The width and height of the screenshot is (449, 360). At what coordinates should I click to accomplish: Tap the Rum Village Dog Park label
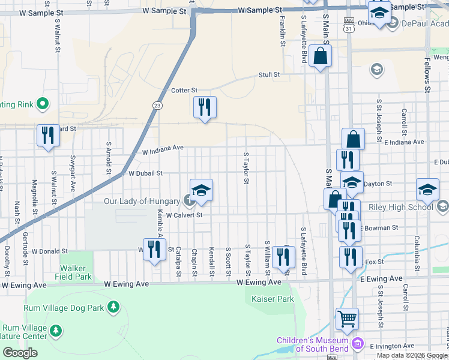pyautogui.click(x=64, y=308)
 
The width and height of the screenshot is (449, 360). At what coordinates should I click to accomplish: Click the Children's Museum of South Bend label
pyautogui.click(x=313, y=344)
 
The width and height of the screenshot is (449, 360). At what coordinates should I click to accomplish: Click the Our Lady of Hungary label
pyautogui.click(x=142, y=201)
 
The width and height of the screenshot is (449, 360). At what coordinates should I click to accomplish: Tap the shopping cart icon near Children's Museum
pyautogui.click(x=346, y=319)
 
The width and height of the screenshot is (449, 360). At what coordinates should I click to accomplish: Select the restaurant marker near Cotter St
pyautogui.click(x=205, y=107)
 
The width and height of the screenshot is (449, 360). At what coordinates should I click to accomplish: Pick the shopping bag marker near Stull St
pyautogui.click(x=321, y=57)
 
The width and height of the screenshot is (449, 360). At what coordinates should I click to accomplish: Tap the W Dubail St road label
pyautogui.click(x=146, y=173)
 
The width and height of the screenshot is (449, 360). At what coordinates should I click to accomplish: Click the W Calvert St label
pyautogui.click(x=185, y=215)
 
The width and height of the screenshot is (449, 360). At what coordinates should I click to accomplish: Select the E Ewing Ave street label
pyautogui.click(x=382, y=279)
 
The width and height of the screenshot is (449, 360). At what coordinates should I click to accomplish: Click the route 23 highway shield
pyautogui.click(x=157, y=105)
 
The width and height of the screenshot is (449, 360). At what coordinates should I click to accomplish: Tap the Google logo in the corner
pyautogui.click(x=20, y=353)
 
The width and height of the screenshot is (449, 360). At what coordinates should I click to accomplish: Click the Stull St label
pyautogui.click(x=269, y=75)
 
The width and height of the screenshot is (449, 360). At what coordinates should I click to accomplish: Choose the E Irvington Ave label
pyautogui.click(x=393, y=347)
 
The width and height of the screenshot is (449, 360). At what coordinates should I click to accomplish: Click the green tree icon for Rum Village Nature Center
pyautogui.click(x=56, y=330)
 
